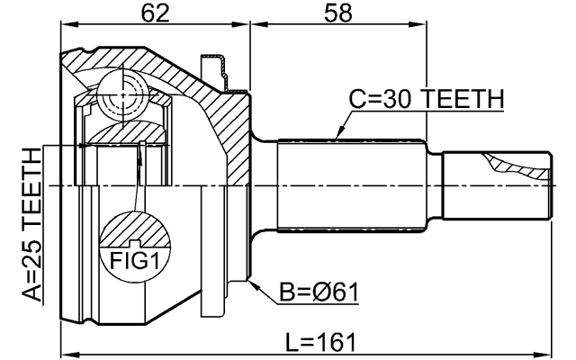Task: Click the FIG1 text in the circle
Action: coord(132,262)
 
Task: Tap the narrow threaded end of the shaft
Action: coord(495,184)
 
